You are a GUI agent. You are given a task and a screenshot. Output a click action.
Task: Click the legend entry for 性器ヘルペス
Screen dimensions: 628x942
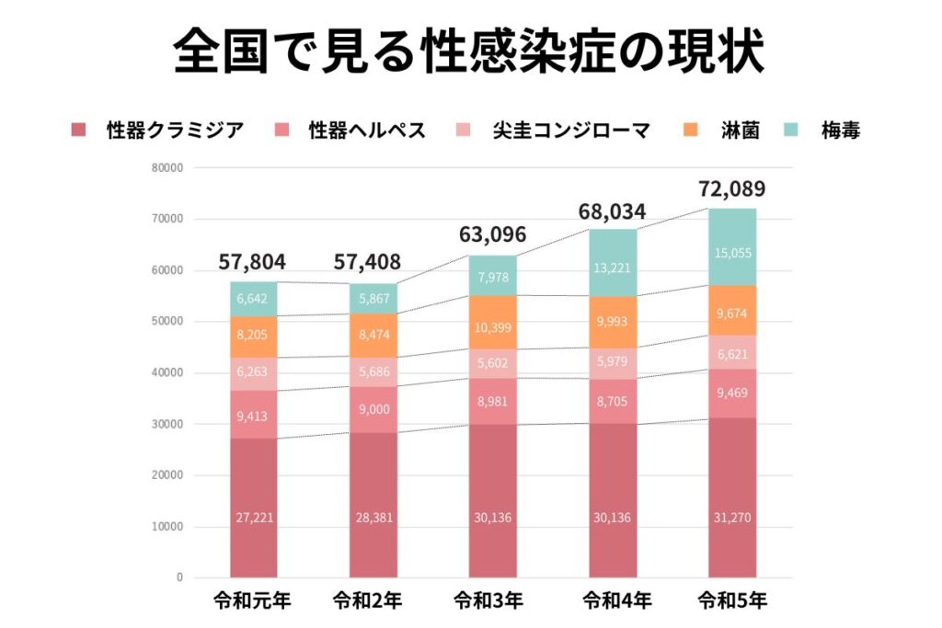coord(355,131)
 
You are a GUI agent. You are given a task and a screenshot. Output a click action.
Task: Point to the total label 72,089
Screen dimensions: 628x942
coord(732,189)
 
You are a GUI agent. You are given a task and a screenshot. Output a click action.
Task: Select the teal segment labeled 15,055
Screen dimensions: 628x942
coord(732,253)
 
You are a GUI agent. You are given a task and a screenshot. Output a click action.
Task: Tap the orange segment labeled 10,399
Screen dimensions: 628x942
coord(493,328)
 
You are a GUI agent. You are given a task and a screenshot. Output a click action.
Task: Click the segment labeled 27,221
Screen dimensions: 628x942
coord(253,518)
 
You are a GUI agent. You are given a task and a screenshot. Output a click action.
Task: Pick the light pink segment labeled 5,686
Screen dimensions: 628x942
coord(373,373)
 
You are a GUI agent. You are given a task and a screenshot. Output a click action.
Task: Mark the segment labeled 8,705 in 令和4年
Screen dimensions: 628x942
coord(613,401)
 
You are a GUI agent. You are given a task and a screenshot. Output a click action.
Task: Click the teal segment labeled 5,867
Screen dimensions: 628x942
coord(373,298)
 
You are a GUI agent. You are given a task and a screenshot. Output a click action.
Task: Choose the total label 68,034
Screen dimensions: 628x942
coord(613,212)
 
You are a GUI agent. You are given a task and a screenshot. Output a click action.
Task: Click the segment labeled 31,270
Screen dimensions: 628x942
coord(732,518)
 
